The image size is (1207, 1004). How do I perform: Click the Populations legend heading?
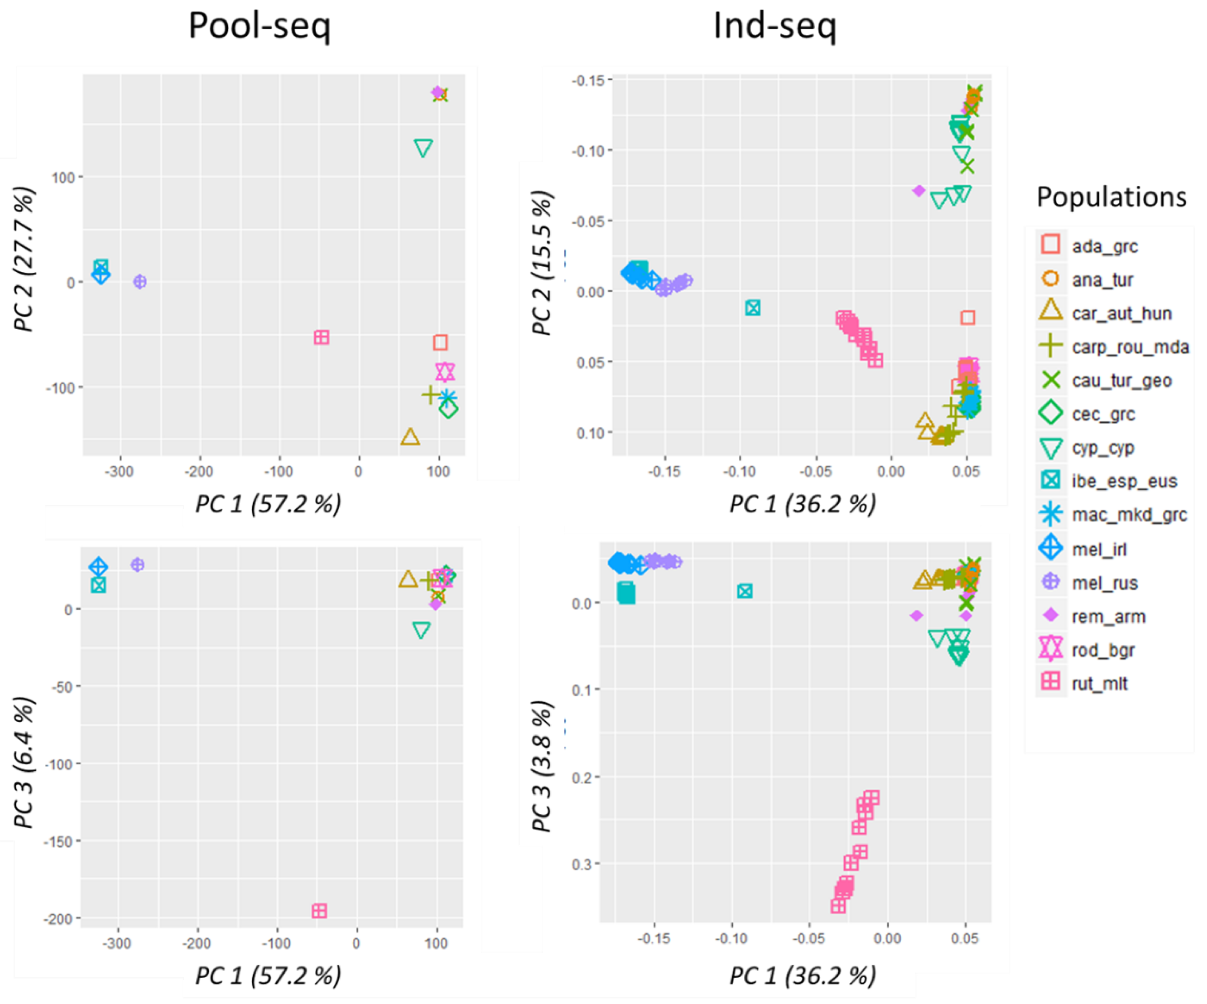coord(1111,197)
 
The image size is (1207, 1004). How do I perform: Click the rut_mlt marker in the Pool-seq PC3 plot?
coord(319,911)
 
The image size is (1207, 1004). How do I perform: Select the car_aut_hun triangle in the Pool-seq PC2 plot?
coord(410,437)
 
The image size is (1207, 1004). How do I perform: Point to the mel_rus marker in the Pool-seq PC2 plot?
coord(139,281)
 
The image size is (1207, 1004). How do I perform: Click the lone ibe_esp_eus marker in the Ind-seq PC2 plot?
coord(753,308)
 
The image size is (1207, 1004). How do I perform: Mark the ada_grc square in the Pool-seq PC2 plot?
coord(440,342)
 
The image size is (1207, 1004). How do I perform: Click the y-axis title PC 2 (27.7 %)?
coord(24,260)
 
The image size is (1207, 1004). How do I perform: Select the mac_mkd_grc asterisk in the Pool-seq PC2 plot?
coord(447,397)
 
